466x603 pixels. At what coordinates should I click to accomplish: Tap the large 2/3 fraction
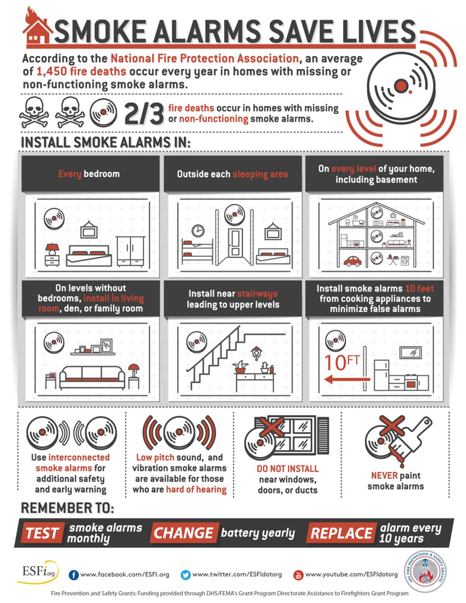[144, 114]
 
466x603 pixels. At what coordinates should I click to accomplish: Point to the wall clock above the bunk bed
[198, 231]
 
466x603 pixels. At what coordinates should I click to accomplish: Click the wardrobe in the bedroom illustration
[130, 252]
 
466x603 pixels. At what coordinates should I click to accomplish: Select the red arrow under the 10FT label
[347, 379]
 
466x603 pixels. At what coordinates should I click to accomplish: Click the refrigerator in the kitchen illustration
[381, 375]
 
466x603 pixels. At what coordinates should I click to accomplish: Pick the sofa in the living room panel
[92, 377]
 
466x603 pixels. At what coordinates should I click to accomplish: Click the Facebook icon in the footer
[73, 575]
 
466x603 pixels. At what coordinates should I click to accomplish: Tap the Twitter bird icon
[185, 575]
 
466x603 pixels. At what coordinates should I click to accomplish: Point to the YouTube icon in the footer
[298, 575]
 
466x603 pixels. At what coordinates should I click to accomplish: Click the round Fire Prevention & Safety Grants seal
[424, 572]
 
